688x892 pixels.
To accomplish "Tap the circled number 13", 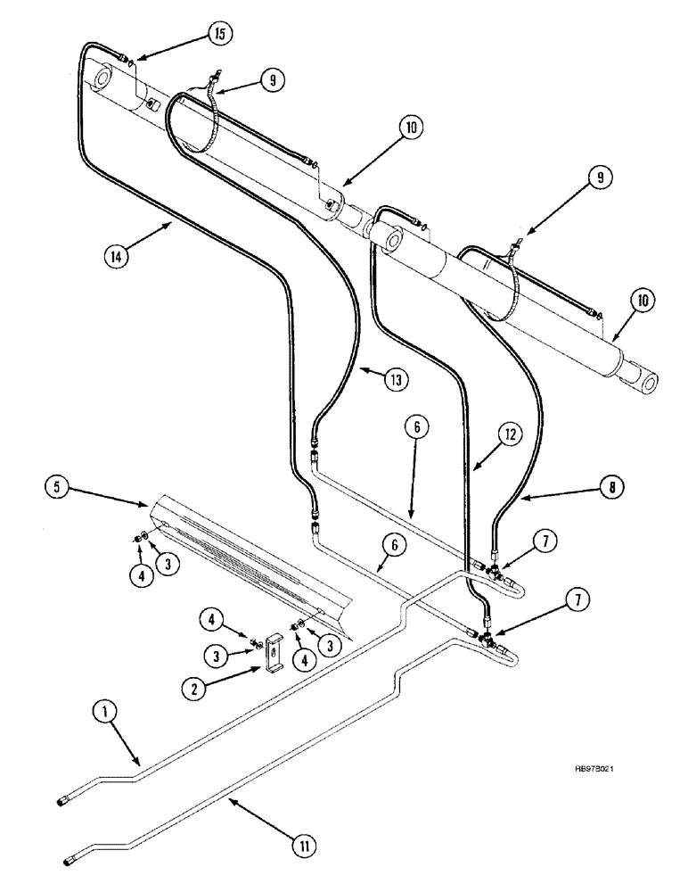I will click(397, 380).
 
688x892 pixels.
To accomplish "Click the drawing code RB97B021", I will click(588, 773).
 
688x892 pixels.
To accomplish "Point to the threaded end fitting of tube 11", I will click(72, 860).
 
